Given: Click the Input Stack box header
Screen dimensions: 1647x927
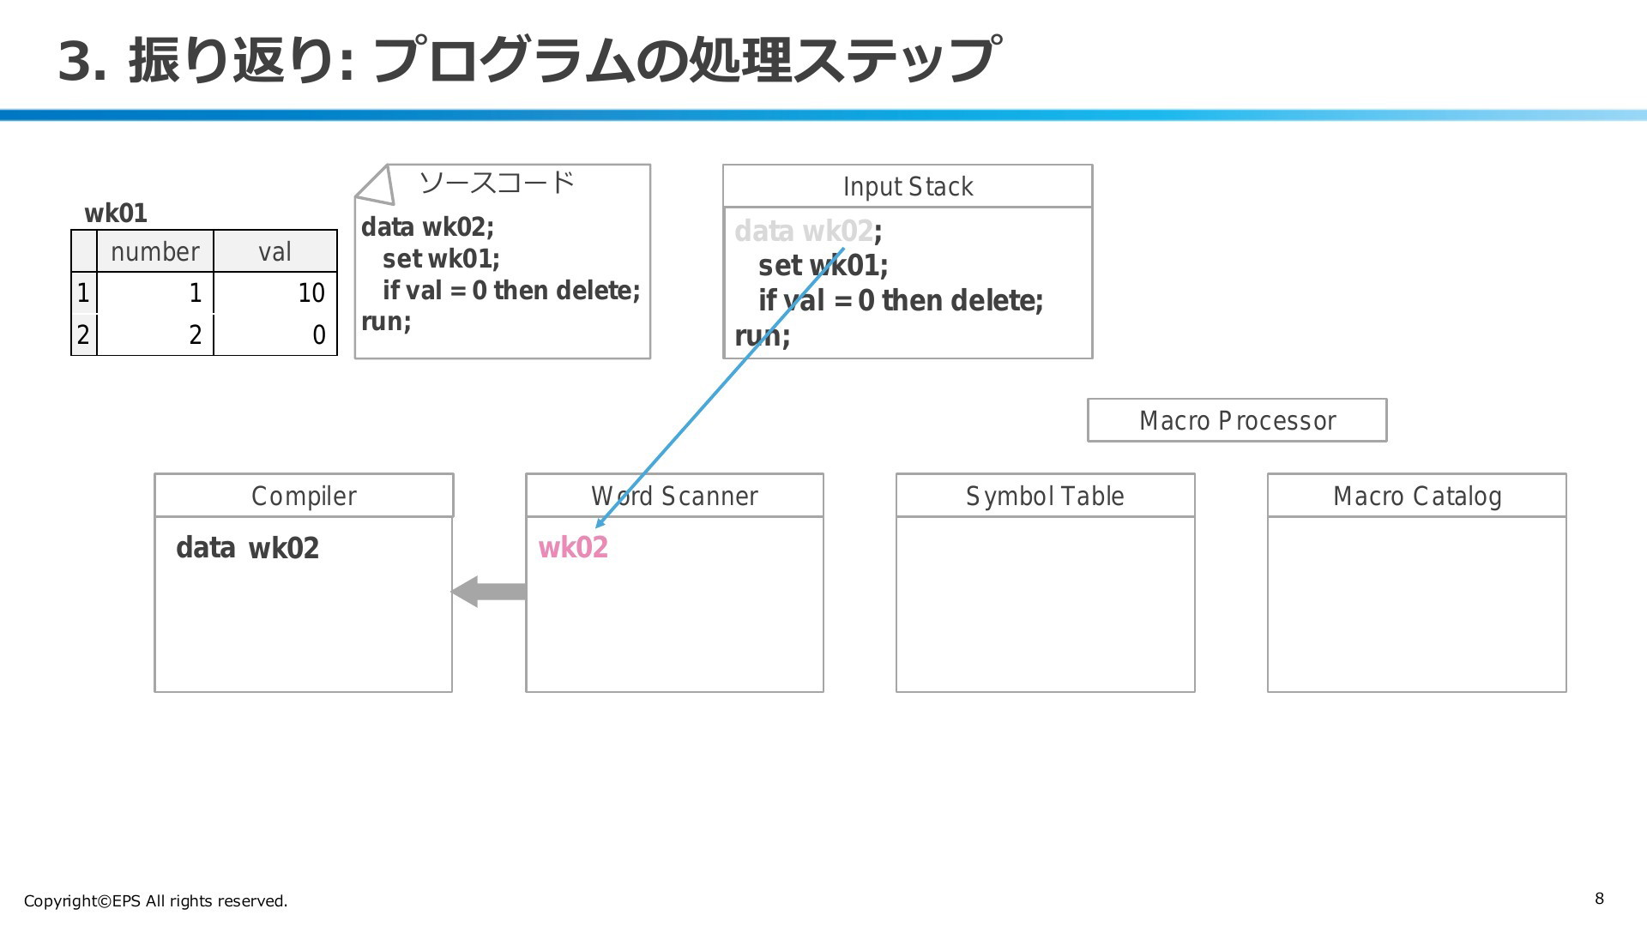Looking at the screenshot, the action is point(908,186).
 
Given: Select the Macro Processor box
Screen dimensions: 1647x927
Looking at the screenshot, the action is point(1237,420).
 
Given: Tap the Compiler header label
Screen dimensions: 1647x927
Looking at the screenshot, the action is point(304,496).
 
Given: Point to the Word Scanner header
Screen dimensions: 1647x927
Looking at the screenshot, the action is point(674,496).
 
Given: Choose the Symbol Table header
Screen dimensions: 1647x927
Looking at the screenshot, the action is point(1045,496).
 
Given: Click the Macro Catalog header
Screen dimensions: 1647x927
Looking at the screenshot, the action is point(1417,496).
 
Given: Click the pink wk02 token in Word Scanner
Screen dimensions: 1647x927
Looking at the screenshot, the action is point(573,547).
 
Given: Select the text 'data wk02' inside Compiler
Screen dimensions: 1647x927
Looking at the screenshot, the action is point(247,547).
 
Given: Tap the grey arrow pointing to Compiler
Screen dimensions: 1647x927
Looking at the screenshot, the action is point(489,592).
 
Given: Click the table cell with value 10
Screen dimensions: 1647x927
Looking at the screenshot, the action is point(275,292).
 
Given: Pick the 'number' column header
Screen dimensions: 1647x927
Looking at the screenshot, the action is point(155,251).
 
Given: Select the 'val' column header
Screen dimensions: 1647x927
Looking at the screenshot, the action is point(275,251).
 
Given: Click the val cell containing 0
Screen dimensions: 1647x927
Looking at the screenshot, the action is point(275,334).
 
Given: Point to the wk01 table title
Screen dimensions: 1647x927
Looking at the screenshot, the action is point(116,213).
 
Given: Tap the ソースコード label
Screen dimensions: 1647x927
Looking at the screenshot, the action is point(497,183).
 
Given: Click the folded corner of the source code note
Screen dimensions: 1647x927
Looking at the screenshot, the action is point(376,185).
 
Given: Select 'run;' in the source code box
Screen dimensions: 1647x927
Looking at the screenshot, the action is point(386,322).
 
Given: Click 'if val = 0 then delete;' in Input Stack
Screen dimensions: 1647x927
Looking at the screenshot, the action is point(901,300).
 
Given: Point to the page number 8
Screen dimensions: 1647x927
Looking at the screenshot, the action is point(1599,899).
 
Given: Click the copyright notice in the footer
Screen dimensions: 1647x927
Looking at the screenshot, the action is point(155,900).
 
